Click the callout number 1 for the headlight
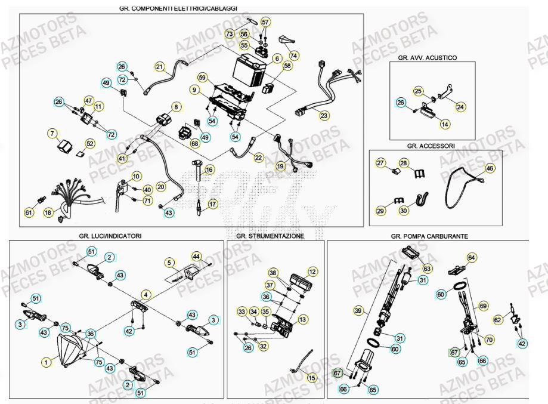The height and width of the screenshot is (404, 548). pos(45,361)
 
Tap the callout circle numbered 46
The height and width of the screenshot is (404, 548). pos(490,169)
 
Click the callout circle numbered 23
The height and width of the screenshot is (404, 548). pos(324,115)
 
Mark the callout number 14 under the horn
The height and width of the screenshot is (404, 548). pos(445,124)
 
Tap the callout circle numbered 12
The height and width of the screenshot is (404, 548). pos(311,272)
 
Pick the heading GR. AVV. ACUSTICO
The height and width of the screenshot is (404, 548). pos(427,58)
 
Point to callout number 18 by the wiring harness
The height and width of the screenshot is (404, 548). pos(48,212)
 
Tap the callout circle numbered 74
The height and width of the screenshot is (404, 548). pos(293,55)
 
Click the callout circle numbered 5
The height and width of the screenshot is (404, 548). pos(169,263)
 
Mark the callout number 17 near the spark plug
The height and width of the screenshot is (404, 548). pos(213,204)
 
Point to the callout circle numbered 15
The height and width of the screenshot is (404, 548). pos(312,378)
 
